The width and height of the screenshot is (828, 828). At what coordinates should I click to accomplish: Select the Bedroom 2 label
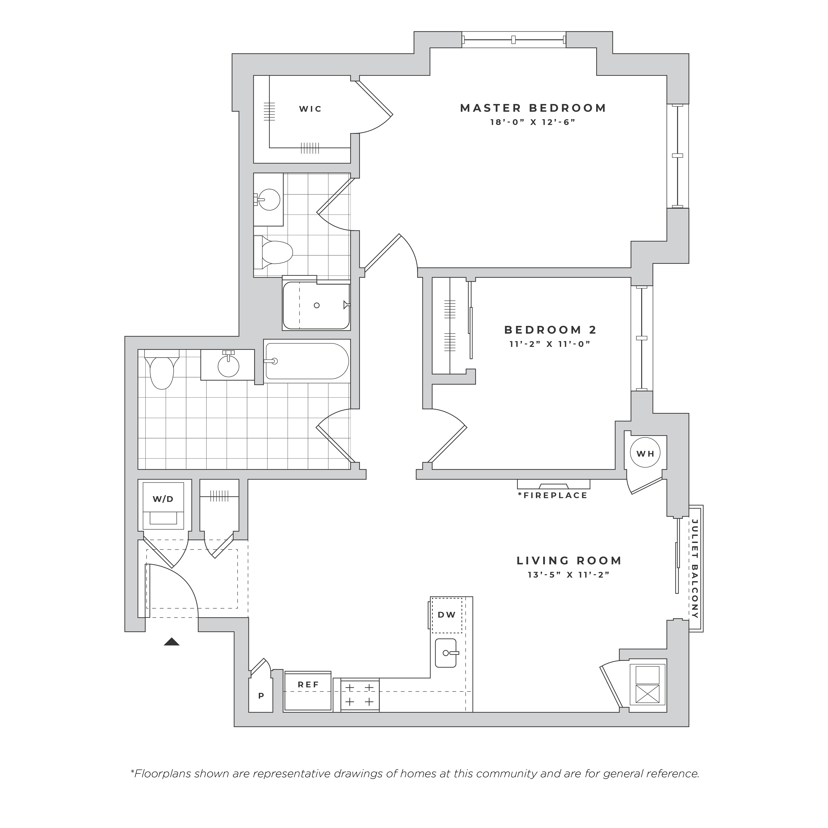coord(550,330)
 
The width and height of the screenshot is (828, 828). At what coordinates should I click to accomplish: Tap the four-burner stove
coord(360,695)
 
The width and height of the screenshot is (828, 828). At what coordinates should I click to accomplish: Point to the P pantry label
coord(261,696)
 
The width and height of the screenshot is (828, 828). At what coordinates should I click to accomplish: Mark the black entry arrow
coord(171,642)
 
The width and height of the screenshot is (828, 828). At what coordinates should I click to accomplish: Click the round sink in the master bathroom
coord(269,200)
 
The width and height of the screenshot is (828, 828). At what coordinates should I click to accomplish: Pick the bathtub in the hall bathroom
coord(306,361)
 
